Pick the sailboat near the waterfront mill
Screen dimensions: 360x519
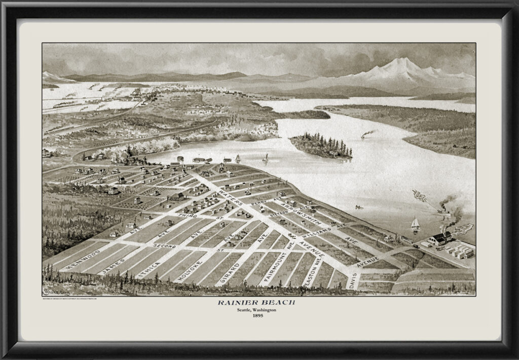[x=415, y=224]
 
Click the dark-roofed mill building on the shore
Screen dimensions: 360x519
[x=440, y=238]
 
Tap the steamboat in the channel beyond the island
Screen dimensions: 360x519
[x=365, y=136]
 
